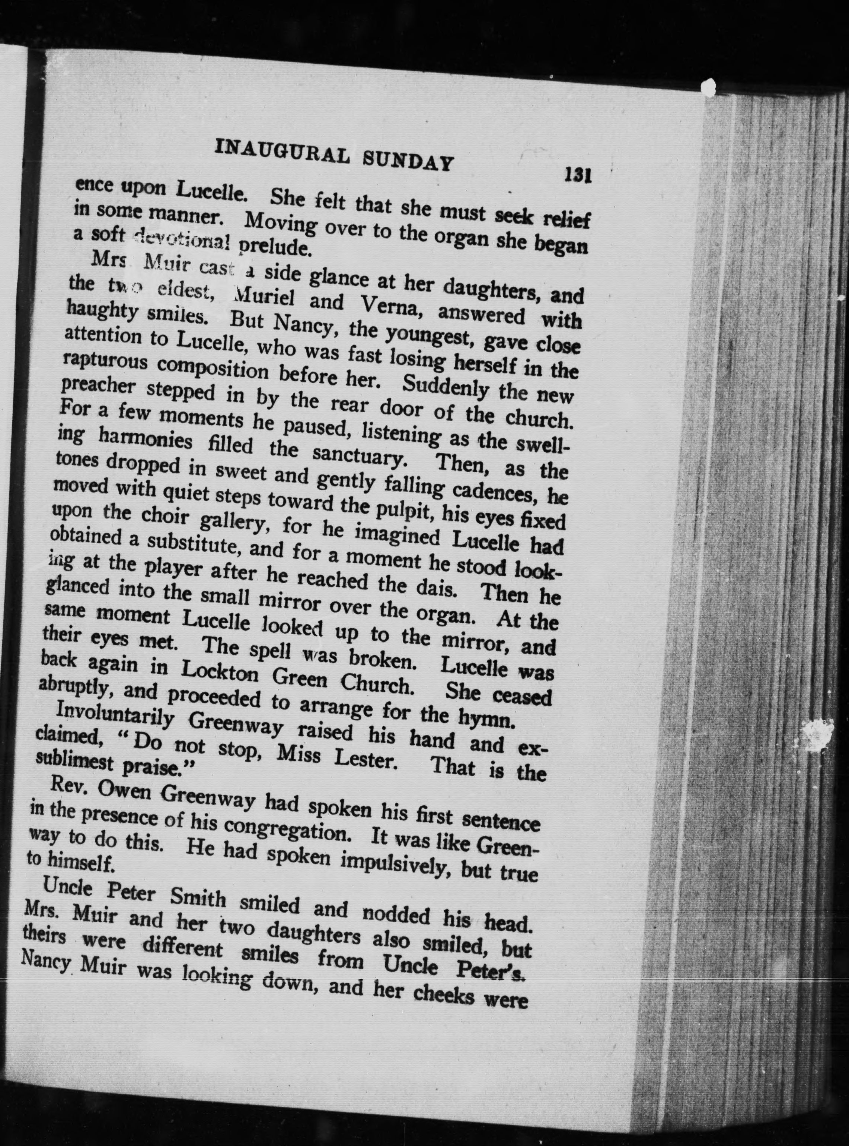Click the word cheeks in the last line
click(444, 996)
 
